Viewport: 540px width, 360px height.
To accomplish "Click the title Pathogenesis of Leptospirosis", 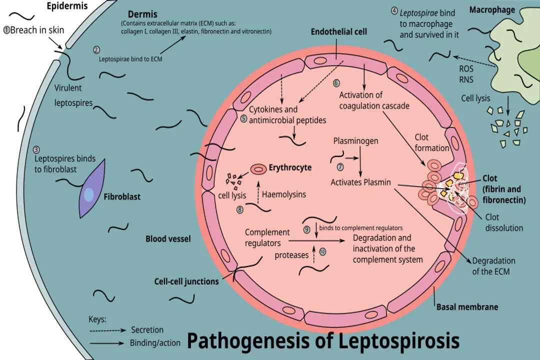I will (323, 341).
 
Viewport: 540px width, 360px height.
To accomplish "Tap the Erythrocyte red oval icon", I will (258, 169).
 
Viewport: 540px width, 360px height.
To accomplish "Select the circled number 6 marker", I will (336, 82).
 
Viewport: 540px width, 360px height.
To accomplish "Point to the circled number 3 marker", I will (36, 149).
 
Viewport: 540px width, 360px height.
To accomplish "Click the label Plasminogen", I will (355, 141).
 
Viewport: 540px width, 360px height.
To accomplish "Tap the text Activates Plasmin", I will (360, 182).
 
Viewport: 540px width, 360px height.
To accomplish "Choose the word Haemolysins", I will (283, 194).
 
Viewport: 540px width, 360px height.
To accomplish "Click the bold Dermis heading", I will (142, 14).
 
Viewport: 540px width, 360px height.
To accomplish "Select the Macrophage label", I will (492, 10).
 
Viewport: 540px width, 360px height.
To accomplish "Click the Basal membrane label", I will (467, 306).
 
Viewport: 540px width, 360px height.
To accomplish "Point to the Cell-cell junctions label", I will (186, 281).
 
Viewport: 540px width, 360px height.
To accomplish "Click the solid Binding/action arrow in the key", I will (107, 343).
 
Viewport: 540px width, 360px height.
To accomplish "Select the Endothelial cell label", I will (338, 31).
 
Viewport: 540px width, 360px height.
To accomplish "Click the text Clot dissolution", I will (504, 222).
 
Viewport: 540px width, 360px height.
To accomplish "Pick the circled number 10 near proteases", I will (322, 252).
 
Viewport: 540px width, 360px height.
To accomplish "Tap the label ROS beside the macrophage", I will (465, 69).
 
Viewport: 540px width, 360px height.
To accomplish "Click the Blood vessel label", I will (168, 239).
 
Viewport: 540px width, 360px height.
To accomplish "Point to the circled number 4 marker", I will (394, 10).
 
